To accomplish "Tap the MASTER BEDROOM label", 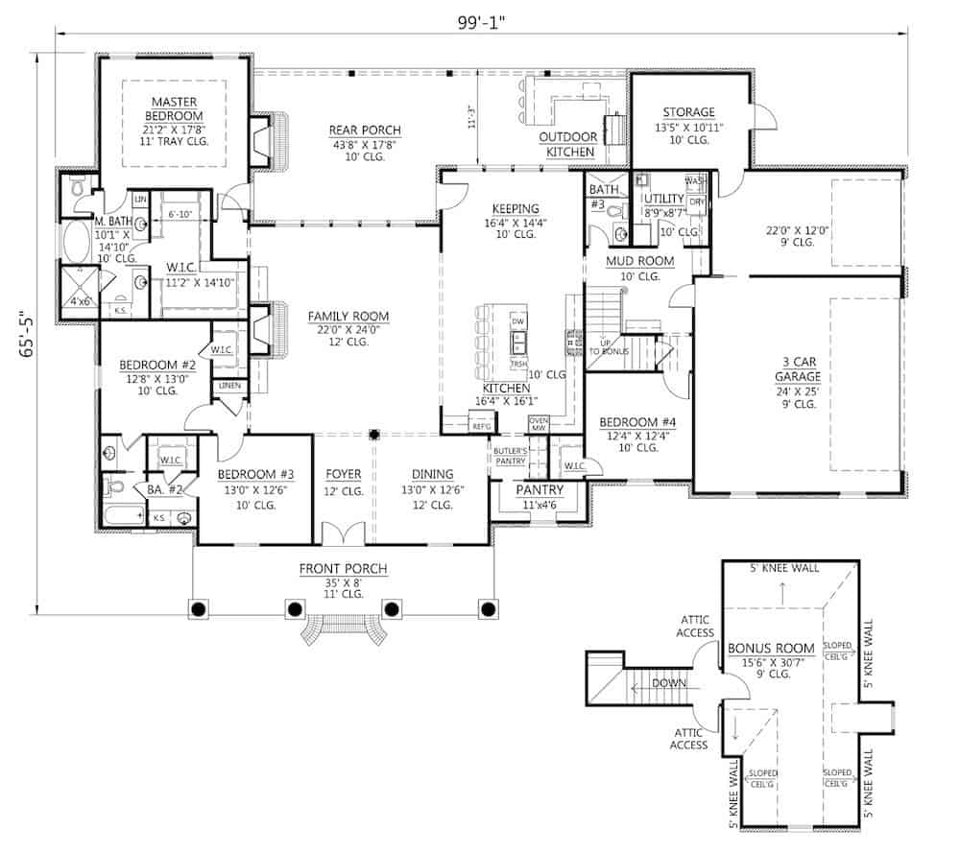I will tap(174, 108).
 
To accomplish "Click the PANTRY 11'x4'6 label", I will tap(539, 490).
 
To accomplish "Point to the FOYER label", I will tap(343, 474).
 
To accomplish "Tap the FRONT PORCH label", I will tap(343, 569).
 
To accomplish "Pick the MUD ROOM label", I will tap(639, 261).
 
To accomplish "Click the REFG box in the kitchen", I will tap(481, 425).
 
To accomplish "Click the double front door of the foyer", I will tap(343, 533).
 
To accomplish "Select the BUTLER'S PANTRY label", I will tap(509, 455).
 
